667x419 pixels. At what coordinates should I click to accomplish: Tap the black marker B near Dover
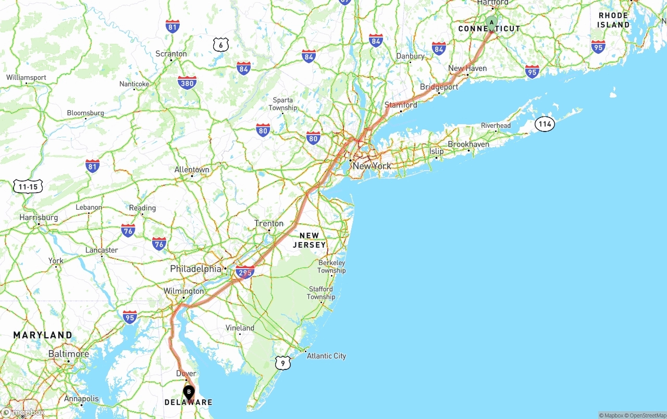click(x=189, y=392)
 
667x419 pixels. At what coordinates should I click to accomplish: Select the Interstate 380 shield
click(x=187, y=82)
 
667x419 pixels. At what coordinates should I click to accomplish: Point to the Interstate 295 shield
click(x=244, y=272)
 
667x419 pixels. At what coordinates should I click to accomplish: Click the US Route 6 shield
click(x=221, y=45)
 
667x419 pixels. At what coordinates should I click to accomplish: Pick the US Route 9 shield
click(x=282, y=363)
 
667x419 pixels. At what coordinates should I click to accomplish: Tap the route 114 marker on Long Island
click(x=545, y=124)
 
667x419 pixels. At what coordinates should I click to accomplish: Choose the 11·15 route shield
click(x=28, y=186)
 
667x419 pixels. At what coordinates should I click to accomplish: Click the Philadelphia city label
click(x=195, y=269)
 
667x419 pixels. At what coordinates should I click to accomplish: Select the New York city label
click(x=372, y=166)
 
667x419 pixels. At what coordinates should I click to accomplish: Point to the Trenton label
click(x=269, y=223)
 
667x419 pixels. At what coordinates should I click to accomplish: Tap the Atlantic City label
click(x=326, y=356)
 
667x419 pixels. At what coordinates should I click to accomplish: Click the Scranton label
click(x=171, y=54)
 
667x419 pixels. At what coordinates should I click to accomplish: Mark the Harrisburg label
click(x=39, y=217)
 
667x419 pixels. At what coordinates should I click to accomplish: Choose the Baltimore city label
click(x=68, y=354)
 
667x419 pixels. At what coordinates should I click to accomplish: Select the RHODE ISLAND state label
click(x=613, y=20)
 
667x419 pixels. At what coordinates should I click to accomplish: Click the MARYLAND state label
click(x=43, y=335)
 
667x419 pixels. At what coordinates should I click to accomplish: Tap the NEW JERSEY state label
click(x=309, y=240)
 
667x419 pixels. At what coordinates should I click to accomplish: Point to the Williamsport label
click(x=26, y=78)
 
